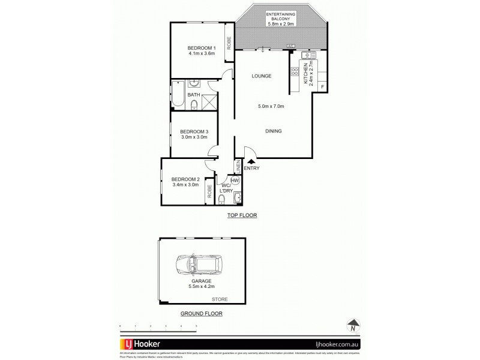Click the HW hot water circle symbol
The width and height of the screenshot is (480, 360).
(x=235, y=180)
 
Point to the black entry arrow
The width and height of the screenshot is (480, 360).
(x=250, y=160)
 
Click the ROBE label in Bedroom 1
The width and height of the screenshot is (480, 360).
(x=229, y=43)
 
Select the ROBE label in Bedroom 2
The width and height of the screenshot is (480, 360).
(x=209, y=191)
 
